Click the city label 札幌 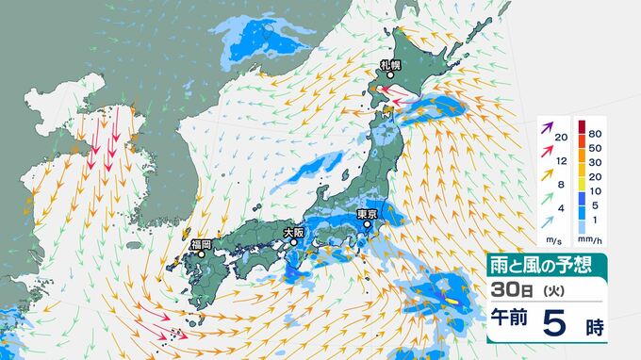391,64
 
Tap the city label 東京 367,215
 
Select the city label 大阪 293,231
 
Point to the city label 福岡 201,244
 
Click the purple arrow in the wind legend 545,126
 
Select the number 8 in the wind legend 561,185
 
